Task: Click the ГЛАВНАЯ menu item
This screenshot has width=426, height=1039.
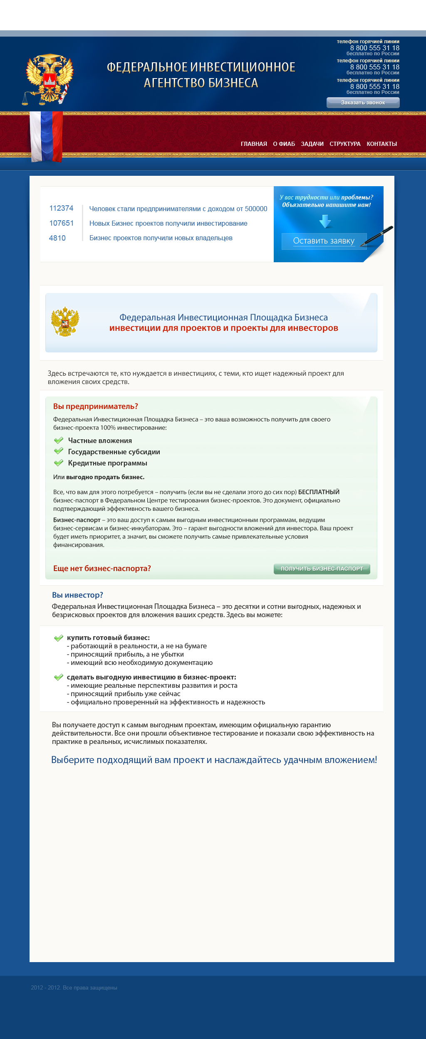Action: pyautogui.click(x=254, y=144)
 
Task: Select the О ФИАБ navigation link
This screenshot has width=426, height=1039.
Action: pyautogui.click(x=284, y=144)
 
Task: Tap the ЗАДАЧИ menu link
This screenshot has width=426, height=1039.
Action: pyautogui.click(x=312, y=144)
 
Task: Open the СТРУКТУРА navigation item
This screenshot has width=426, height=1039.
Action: pyautogui.click(x=345, y=144)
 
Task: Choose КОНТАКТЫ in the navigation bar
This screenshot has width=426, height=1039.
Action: pyautogui.click(x=381, y=144)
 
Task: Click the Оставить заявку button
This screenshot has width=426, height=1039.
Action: pyautogui.click(x=324, y=241)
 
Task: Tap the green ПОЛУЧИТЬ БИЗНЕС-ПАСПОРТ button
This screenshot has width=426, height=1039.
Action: pyautogui.click(x=322, y=569)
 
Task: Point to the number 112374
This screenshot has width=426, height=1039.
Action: pyautogui.click(x=61, y=208)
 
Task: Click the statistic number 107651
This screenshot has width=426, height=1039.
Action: pyautogui.click(x=61, y=223)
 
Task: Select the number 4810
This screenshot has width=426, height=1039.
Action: pyautogui.click(x=57, y=238)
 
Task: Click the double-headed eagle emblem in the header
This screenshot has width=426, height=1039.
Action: pyautogui.click(x=49, y=78)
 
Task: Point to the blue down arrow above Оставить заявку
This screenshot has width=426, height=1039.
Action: pyautogui.click(x=325, y=221)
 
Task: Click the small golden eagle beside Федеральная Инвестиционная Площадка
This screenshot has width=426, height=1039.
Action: pyautogui.click(x=65, y=322)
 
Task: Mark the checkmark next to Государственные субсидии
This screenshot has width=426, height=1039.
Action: pyautogui.click(x=59, y=451)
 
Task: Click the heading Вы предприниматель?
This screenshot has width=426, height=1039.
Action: pyautogui.click(x=95, y=406)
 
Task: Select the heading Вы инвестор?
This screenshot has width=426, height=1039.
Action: pyautogui.click(x=77, y=595)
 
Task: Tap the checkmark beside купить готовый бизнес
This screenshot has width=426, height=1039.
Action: pyautogui.click(x=58, y=638)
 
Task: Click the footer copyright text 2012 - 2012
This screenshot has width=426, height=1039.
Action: pyautogui.click(x=74, y=987)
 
